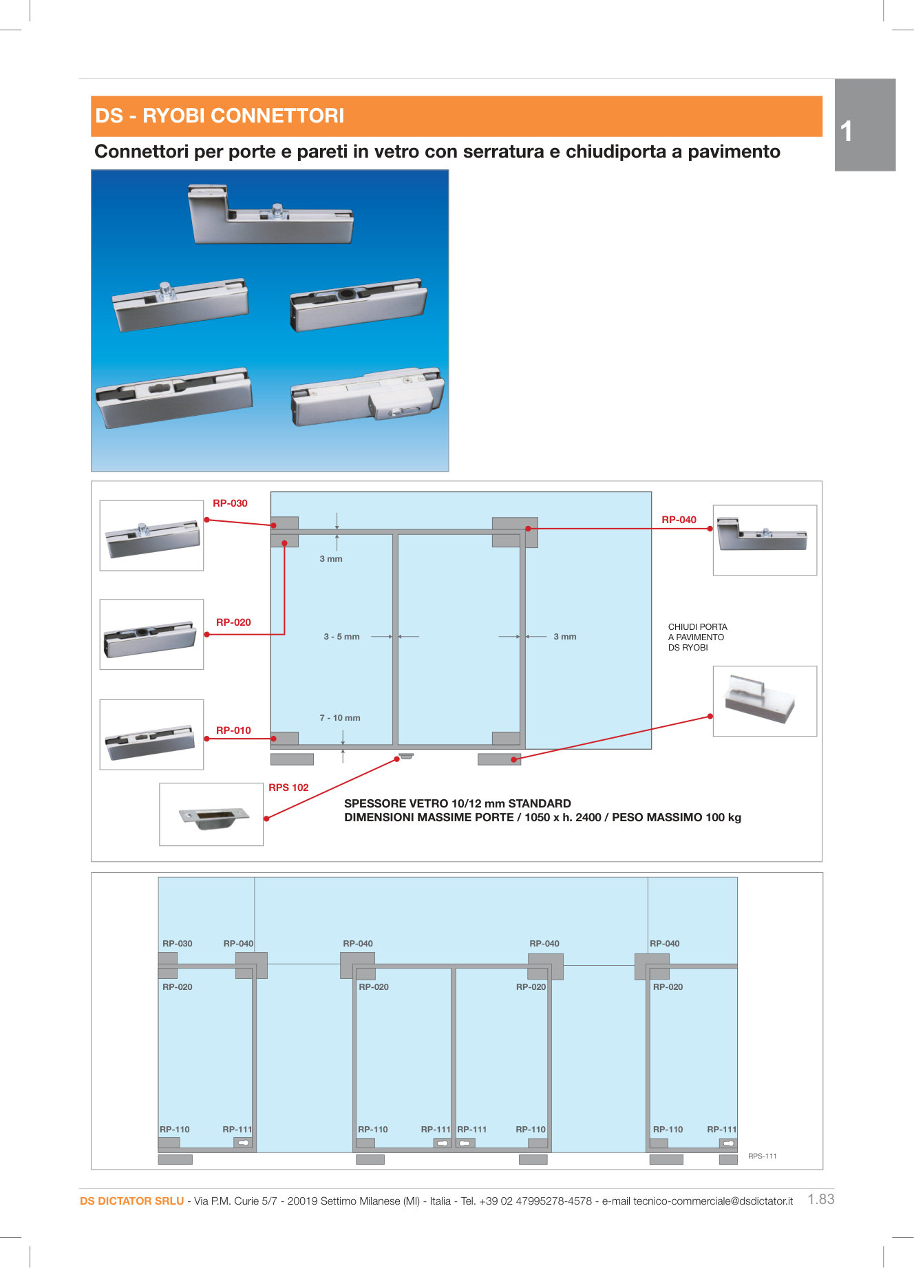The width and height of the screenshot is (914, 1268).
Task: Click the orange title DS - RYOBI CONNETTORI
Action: point(220,116)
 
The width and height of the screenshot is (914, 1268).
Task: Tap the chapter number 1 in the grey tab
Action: point(846,131)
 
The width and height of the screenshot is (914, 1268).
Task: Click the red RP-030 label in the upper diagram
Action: point(230,503)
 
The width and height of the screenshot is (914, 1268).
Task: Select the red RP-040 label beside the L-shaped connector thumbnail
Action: point(679,520)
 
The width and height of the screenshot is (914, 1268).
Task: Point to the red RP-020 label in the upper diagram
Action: point(233,622)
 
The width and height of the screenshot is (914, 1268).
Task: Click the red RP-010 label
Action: point(233,730)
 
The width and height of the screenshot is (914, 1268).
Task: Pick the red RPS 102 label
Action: point(288,788)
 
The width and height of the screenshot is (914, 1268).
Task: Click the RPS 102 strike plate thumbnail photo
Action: point(211,815)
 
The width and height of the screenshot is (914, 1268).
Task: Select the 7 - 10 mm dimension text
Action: point(339,718)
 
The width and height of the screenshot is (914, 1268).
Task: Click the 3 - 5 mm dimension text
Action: point(341,637)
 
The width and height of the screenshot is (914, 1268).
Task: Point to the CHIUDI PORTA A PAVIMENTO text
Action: point(697,637)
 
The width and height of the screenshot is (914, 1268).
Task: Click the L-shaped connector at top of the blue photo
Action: point(270,215)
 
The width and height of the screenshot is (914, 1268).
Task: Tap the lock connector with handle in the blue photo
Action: point(368,396)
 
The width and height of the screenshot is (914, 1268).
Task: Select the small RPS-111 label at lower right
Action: point(762,1156)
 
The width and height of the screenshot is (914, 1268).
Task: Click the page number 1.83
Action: point(820,1199)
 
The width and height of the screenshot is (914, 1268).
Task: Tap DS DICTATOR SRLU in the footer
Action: point(131,1201)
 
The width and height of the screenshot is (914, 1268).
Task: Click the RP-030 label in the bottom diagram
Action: point(177,944)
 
